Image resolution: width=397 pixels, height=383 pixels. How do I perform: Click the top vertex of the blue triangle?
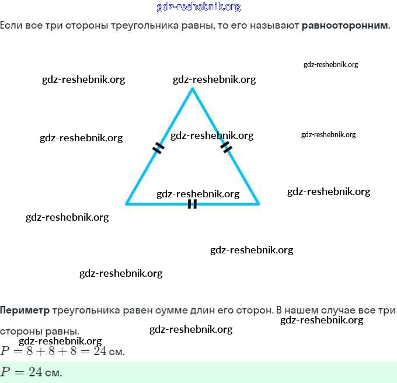coord(192,89)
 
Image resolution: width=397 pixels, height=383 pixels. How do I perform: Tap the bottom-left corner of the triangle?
coord(127,204)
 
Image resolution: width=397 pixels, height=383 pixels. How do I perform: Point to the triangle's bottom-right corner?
coord(258,204)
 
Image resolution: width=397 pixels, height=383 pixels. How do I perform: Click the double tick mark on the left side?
coord(158,148)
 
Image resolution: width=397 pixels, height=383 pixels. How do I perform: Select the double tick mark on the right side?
coord(227,147)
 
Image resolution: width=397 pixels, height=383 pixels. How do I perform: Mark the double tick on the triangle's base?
coord(192,204)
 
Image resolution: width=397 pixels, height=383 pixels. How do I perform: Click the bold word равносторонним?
coord(344,26)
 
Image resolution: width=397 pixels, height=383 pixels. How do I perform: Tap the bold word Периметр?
coord(25,309)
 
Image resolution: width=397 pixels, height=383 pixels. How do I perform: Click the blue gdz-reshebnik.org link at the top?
coord(198,7)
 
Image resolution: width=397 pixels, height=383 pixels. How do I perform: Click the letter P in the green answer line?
coord(5,372)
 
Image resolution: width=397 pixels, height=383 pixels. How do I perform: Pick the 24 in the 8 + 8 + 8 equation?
coord(100,351)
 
